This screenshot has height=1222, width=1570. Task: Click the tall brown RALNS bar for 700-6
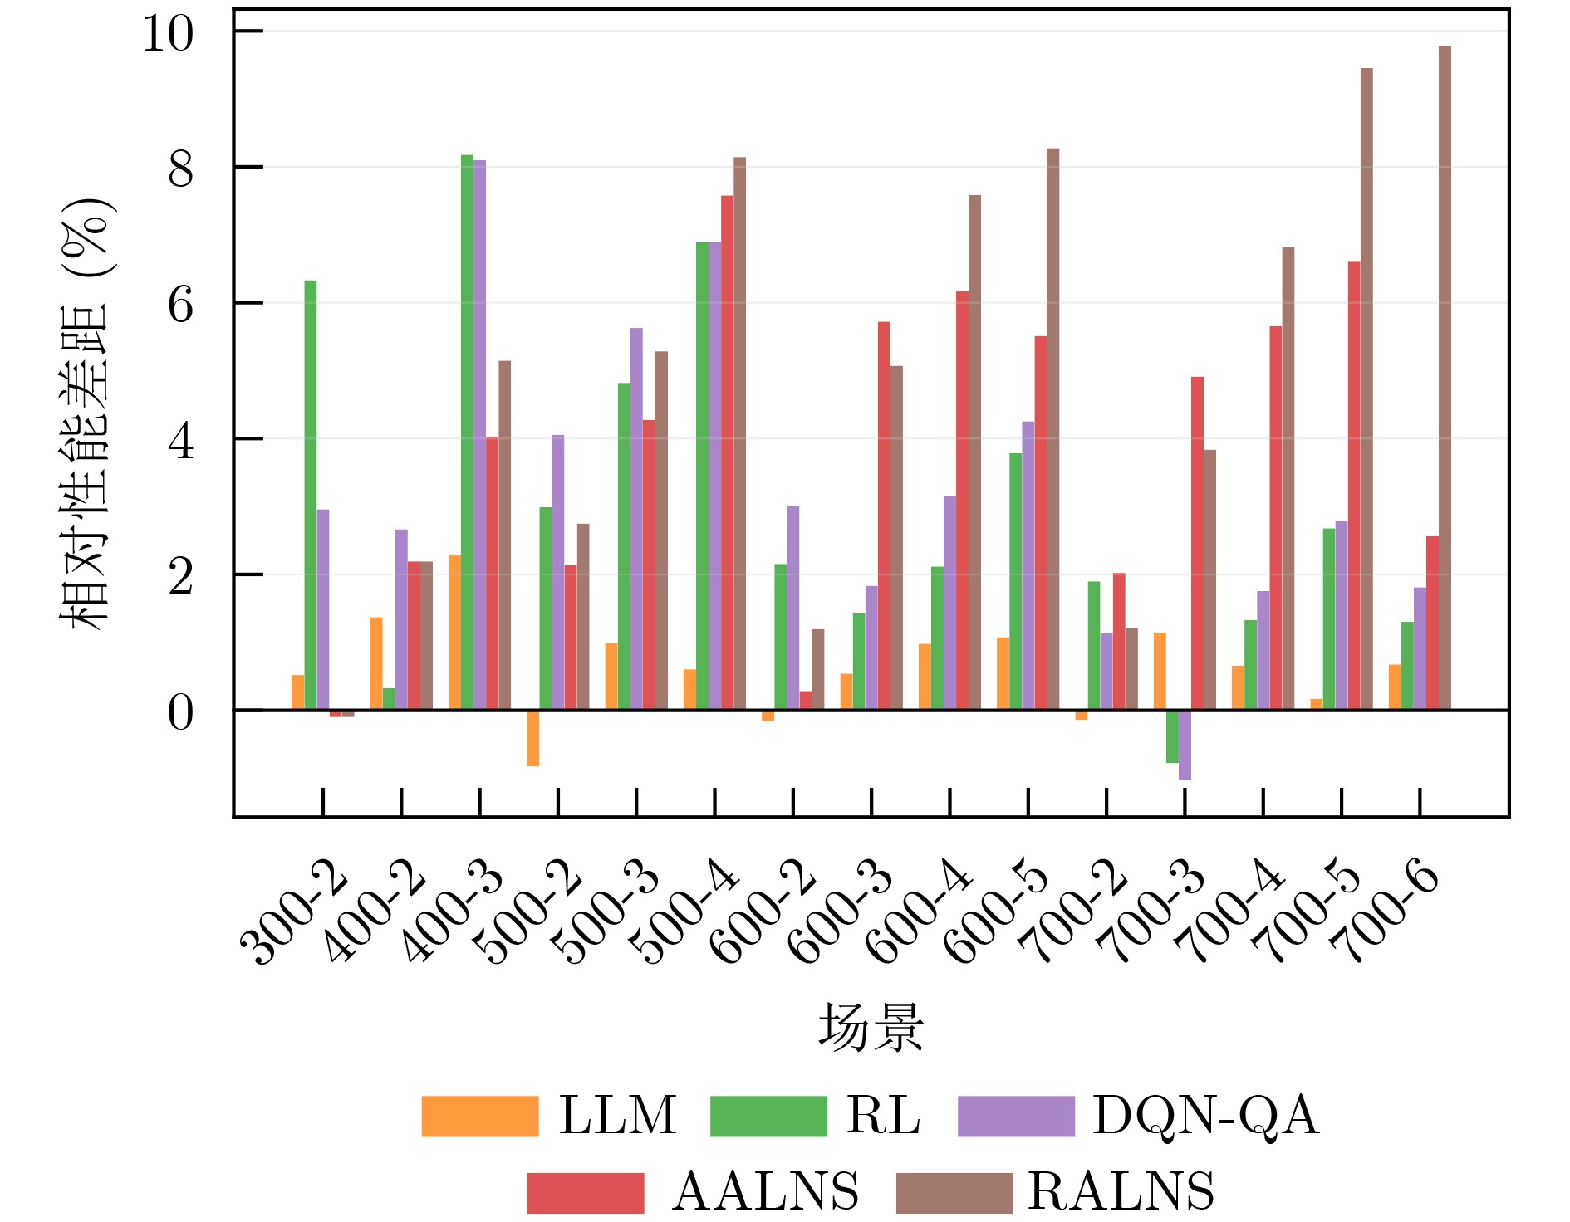(1445, 378)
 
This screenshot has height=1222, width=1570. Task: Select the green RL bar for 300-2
(310, 495)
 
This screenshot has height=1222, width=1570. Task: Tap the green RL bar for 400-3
(467, 432)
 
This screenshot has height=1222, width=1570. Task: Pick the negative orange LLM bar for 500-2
(532, 738)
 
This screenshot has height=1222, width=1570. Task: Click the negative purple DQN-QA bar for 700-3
(1185, 745)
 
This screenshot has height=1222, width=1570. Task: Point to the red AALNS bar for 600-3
(884, 516)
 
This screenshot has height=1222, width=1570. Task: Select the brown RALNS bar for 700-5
(1366, 389)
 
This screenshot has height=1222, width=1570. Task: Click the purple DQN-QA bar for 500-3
(636, 519)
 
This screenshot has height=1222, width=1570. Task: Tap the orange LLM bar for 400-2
(376, 663)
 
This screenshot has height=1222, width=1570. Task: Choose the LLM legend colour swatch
(479, 1116)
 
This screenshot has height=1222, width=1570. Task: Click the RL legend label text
(883, 1115)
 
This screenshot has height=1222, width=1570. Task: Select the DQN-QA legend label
(1204, 1115)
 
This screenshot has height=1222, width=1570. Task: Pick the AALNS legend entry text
(765, 1191)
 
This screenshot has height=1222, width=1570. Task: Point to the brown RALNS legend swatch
(954, 1192)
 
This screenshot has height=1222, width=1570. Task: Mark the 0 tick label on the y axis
(180, 712)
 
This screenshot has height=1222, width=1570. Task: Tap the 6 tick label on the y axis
(180, 305)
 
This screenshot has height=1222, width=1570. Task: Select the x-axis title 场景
(871, 1028)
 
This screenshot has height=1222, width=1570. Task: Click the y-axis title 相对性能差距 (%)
(85, 413)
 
